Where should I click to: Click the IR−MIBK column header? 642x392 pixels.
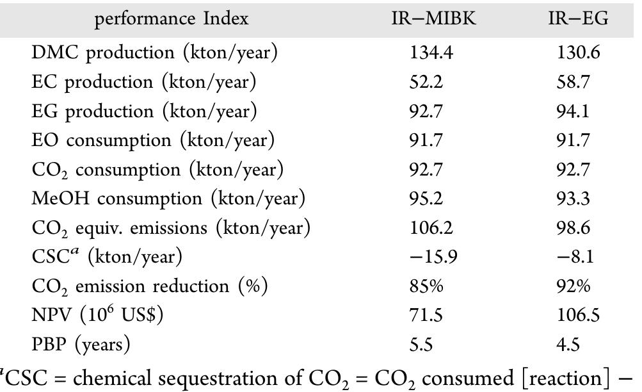click(433, 19)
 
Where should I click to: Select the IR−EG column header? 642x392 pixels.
click(578, 19)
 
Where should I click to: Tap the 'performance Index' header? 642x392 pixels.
click(171, 19)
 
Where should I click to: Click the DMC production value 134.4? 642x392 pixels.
click(431, 53)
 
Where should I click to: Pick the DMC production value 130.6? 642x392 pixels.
click(579, 53)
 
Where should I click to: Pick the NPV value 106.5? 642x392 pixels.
click(579, 316)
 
